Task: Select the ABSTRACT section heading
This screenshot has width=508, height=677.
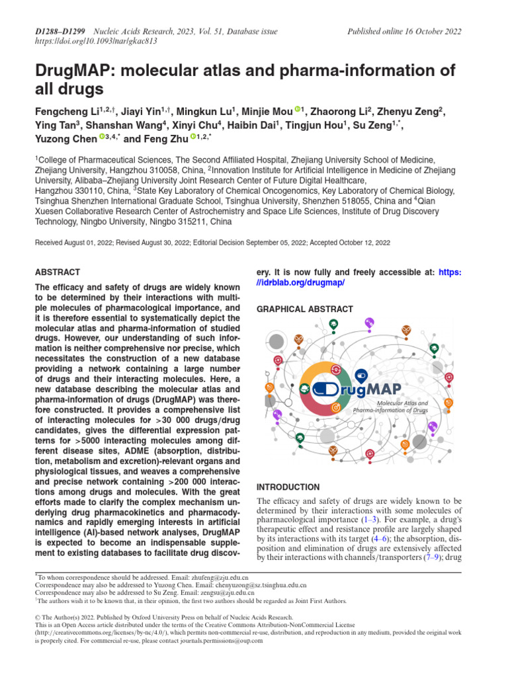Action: point(57,272)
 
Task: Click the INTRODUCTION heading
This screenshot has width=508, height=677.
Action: point(288,487)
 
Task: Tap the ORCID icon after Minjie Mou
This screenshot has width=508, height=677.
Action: point(298,110)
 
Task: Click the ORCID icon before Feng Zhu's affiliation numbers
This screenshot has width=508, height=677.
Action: point(193,138)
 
